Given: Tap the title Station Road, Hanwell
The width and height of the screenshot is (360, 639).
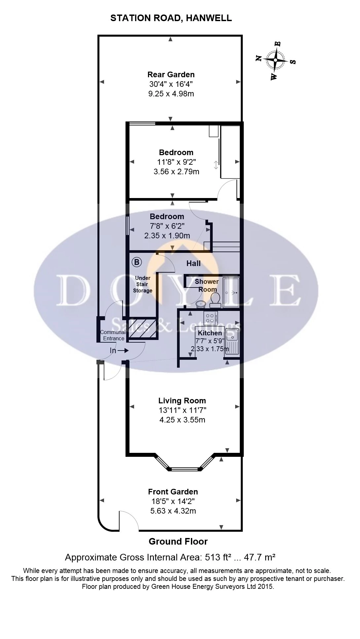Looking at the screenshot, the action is pyautogui.click(x=171, y=18).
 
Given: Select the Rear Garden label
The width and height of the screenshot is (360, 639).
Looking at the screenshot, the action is pyautogui.click(x=171, y=75).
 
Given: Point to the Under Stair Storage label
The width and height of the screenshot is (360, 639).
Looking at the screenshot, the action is pyautogui.click(x=143, y=284).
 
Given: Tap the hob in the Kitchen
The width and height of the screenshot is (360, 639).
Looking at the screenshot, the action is pyautogui.click(x=210, y=318).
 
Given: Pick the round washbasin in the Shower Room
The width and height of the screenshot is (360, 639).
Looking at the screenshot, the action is pyautogui.click(x=200, y=304).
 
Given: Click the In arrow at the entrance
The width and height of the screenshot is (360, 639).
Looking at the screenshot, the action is pyautogui.click(x=123, y=351).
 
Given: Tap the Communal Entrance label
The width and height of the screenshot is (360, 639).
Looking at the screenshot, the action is pyautogui.click(x=113, y=335).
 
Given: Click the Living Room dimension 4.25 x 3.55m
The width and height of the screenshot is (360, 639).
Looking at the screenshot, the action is pyautogui.click(x=182, y=420).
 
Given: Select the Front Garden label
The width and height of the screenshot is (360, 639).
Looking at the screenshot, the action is pyautogui.click(x=173, y=492).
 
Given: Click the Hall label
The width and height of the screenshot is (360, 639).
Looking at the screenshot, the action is pyautogui.click(x=194, y=263).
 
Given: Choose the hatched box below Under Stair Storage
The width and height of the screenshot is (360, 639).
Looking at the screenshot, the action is pyautogui.click(x=143, y=329).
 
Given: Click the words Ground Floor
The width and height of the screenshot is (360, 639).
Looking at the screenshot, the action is pyautogui.click(x=178, y=542).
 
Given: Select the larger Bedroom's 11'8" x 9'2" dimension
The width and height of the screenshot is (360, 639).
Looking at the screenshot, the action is pyautogui.click(x=176, y=162).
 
